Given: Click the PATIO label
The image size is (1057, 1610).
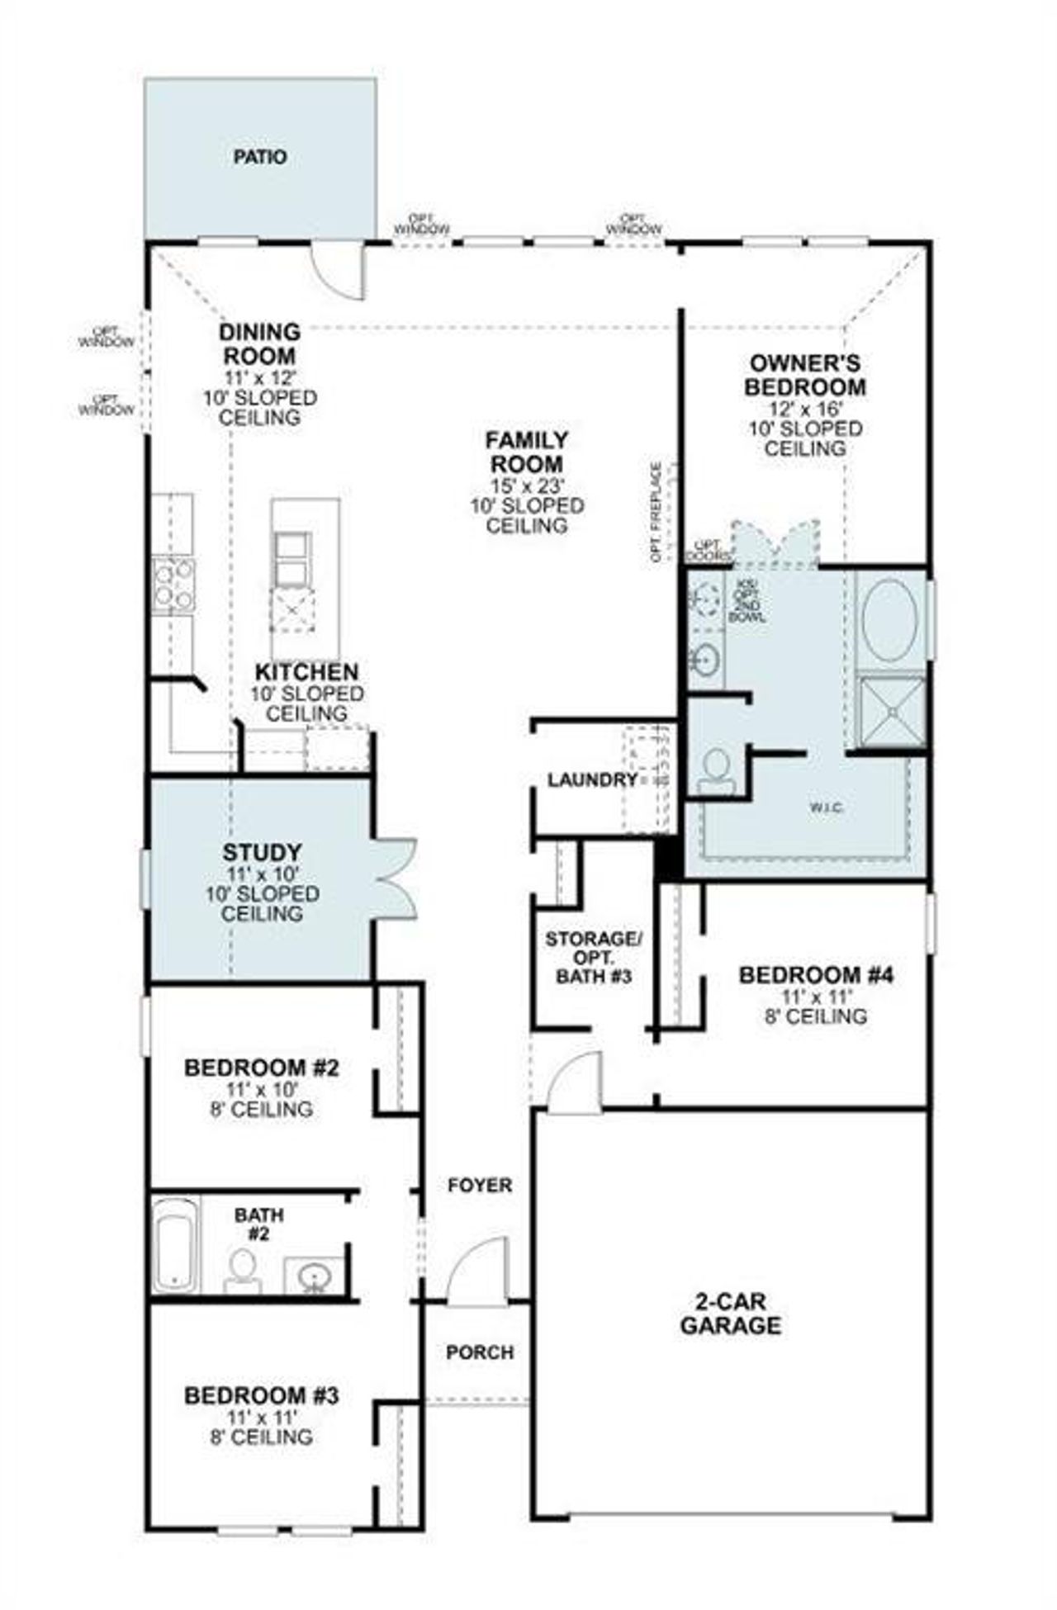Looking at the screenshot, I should point(260,157).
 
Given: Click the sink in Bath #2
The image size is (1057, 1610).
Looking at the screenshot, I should point(314,1276).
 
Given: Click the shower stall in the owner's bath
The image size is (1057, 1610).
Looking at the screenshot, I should point(892,712).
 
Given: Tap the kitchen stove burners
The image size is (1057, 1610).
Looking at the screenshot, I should point(173,584).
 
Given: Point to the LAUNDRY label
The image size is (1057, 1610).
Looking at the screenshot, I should point(592,779).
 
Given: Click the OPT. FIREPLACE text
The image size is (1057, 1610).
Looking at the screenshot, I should point(656,512).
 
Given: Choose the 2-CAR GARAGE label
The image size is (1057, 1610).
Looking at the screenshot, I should point(730,1314).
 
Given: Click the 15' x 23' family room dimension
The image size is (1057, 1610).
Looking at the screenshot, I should point(527,485).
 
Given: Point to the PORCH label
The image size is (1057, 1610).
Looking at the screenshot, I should point(480,1352).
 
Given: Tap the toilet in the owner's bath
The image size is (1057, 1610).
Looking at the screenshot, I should point(716,769).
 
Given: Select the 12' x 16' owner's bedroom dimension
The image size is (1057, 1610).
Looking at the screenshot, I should point(805,409).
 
